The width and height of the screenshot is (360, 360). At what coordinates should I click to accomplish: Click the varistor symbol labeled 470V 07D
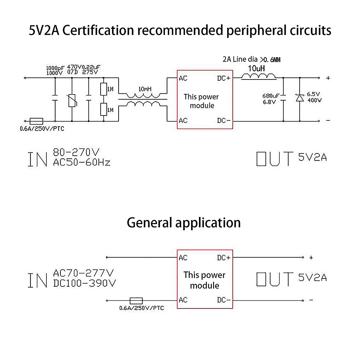[x=72, y=99]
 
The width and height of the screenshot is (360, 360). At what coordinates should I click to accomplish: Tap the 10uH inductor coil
[x=258, y=75]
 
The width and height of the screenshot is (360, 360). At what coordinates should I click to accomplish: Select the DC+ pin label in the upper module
[x=224, y=78]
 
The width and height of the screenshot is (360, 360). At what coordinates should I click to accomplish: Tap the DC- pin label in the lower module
[x=224, y=300]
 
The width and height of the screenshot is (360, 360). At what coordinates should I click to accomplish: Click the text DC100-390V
[x=84, y=283]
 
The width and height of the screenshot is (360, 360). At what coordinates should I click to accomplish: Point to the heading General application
[x=184, y=223]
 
